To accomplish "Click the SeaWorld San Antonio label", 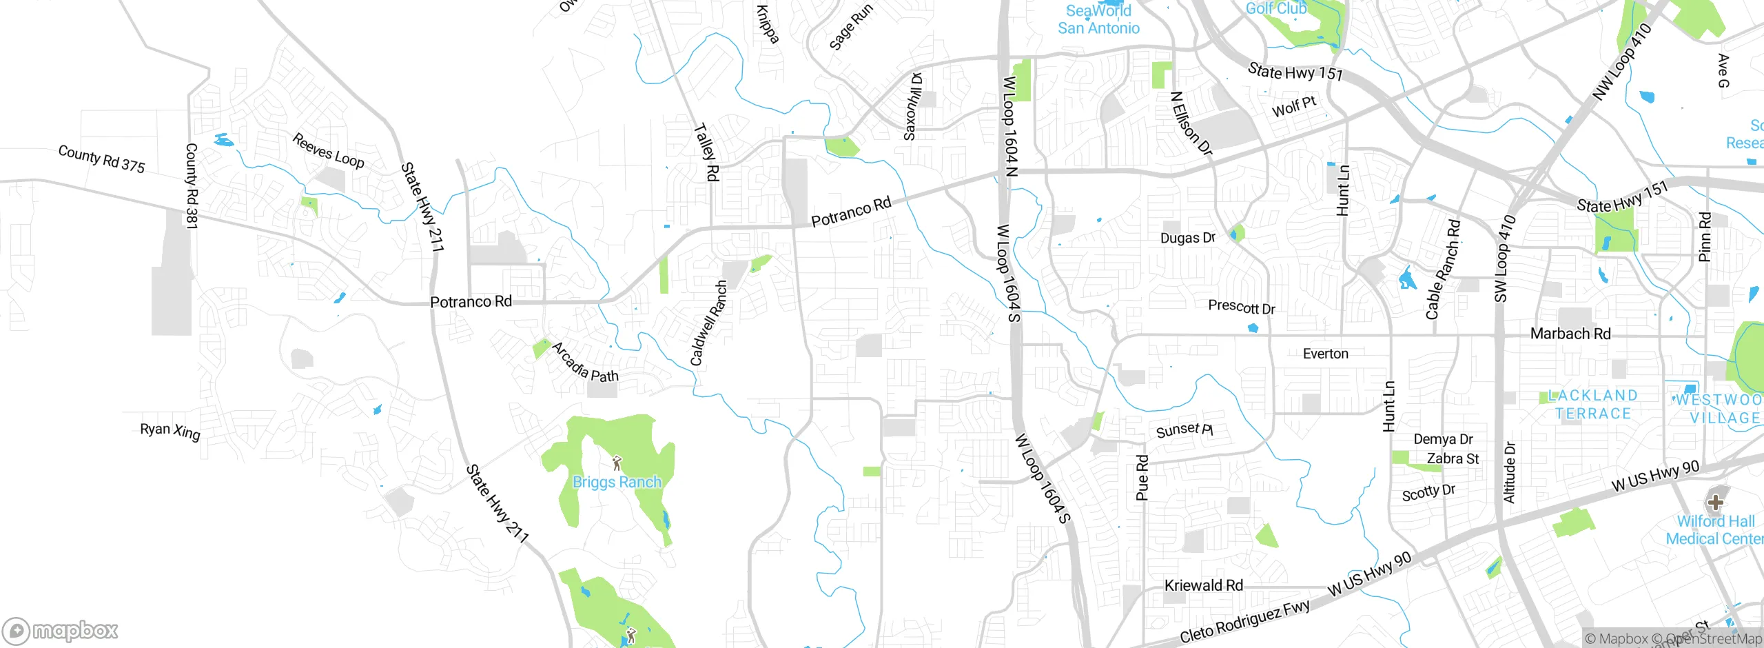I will click(1098, 19).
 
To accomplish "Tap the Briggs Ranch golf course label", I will click(617, 482).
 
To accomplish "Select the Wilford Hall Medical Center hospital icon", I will click(1715, 503).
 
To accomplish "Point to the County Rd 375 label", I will click(101, 159).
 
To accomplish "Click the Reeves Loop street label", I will click(328, 150).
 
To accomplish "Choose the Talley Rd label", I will click(707, 152).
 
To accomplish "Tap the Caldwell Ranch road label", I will click(708, 323).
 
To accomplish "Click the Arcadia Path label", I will click(585, 363).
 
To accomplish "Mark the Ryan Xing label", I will click(170, 431).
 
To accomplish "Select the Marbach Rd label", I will click(1570, 334).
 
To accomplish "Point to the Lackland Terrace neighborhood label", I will click(1592, 405).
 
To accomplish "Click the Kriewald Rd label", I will click(1203, 585).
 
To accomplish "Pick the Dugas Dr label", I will click(1187, 238).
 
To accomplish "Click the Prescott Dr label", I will click(1241, 307).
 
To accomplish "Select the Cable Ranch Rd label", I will click(1442, 270).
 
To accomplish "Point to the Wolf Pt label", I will click(1293, 107).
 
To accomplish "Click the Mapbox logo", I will click(61, 631).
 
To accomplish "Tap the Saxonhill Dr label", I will click(912, 107).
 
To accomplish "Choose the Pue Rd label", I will click(1142, 478).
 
